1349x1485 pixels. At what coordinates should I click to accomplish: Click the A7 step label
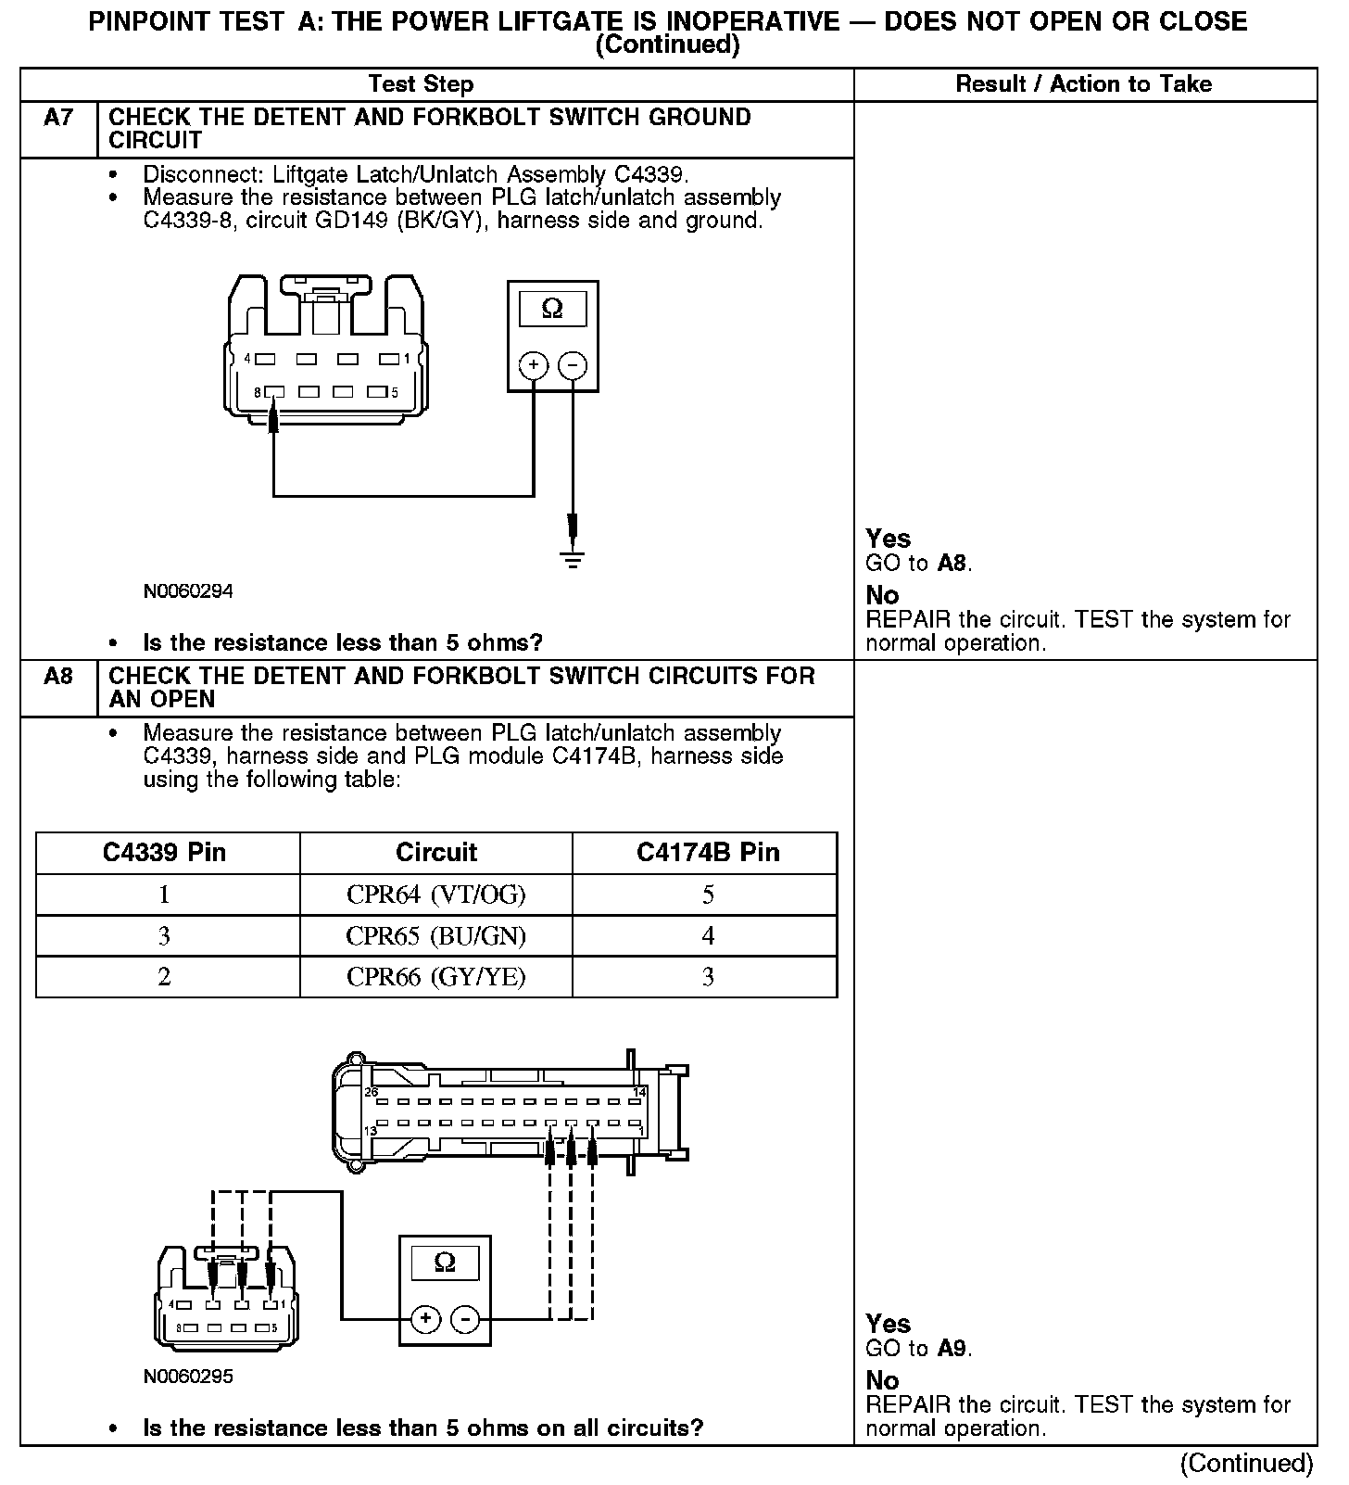[58, 118]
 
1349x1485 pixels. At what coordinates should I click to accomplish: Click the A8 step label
[58, 677]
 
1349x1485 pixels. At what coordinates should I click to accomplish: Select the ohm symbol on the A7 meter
[552, 309]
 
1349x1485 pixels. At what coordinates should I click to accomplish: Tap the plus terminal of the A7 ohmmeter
[534, 365]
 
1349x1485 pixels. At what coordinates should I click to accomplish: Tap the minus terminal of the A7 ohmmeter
[573, 365]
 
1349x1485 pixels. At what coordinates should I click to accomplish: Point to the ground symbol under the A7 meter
[574, 559]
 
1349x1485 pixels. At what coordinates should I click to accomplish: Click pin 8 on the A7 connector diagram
[273, 392]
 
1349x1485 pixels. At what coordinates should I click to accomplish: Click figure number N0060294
[188, 591]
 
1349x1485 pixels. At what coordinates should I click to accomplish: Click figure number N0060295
[188, 1377]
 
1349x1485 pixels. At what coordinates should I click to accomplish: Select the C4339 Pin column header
[164, 853]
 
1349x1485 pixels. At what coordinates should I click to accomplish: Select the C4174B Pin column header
[708, 853]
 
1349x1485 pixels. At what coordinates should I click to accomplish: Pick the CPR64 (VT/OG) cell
[435, 895]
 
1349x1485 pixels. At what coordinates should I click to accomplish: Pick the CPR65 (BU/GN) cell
[435, 936]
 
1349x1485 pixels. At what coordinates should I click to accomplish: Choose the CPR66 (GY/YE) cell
[435, 977]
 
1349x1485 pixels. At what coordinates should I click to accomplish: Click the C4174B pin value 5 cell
[708, 895]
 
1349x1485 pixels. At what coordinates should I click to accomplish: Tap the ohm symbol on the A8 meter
[445, 1263]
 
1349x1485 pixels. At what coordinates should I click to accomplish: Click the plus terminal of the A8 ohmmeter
[425, 1318]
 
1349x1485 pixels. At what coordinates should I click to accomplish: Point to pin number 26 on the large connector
[372, 1092]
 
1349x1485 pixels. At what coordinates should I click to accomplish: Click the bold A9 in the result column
[953, 1349]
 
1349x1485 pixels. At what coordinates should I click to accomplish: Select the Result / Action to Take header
[1083, 84]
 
